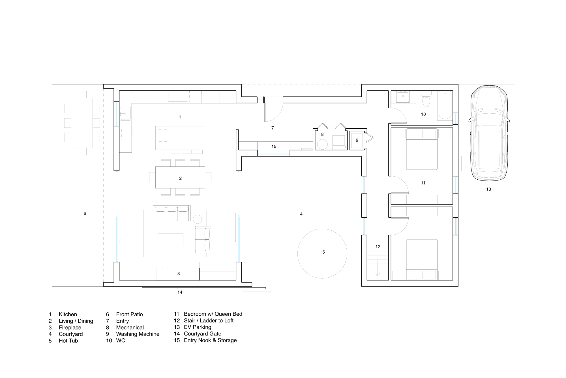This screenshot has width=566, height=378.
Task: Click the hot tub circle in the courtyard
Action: [x=322, y=264]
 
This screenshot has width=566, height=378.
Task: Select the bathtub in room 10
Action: [x=445, y=105]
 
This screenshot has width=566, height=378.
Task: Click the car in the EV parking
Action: [x=488, y=133]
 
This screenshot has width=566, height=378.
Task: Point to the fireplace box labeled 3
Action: [x=177, y=274]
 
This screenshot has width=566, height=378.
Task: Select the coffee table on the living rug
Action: [x=170, y=239]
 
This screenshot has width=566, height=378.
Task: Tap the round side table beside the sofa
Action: [x=197, y=219]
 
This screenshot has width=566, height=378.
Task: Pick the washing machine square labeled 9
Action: [x=357, y=140]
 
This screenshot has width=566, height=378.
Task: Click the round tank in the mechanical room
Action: [x=322, y=145]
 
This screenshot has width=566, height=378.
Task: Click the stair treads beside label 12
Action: [x=378, y=265]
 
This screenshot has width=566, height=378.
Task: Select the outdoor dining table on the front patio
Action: [x=82, y=123]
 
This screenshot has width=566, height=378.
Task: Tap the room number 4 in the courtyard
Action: [x=301, y=214]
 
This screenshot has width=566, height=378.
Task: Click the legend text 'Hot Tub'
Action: [x=68, y=341]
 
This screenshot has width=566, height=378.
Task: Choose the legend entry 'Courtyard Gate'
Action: [x=202, y=334]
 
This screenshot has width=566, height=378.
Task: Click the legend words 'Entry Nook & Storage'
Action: [x=210, y=340]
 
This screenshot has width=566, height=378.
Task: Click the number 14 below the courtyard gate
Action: [x=180, y=292]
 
